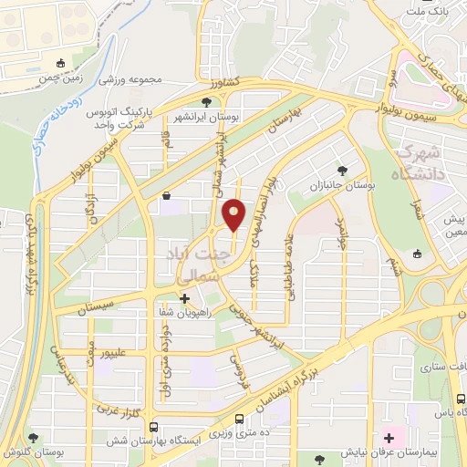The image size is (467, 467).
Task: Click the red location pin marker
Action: point(234,215)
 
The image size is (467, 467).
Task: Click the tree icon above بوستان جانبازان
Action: point(342,170)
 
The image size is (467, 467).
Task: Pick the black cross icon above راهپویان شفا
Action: point(185,297)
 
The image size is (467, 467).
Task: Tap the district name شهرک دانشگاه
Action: point(421,161)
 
